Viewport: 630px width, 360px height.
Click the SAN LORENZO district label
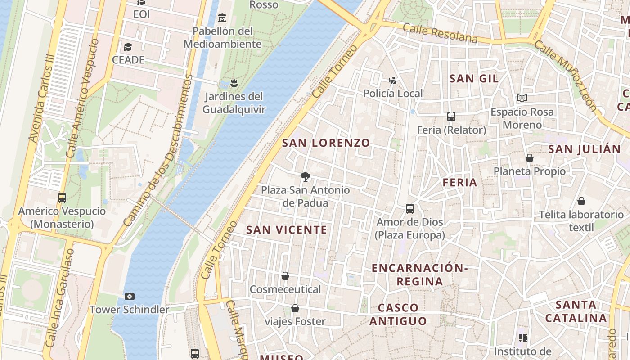pos(326,143)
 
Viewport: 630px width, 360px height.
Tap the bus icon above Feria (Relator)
pos(451,117)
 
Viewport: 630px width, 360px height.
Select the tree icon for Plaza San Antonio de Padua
pos(306,176)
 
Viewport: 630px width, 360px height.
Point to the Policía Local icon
pos(393,80)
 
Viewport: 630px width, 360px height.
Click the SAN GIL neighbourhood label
pos(474,79)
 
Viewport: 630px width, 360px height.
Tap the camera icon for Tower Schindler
pos(130,296)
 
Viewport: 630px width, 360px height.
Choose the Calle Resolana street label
pos(440,34)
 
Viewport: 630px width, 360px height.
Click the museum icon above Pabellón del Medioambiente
pos(222,18)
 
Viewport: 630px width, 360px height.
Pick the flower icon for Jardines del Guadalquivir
pos(234,83)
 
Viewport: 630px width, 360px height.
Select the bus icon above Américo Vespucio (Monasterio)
pos(62,198)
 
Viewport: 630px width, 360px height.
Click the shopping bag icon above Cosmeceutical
pos(285,275)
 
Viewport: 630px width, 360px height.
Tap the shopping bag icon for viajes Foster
pos(295,308)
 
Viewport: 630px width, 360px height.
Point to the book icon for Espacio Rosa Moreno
pos(522,98)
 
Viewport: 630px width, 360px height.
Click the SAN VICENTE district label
pos(287,230)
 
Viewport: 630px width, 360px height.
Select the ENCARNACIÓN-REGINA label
pos(419,274)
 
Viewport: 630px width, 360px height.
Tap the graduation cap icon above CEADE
pos(128,47)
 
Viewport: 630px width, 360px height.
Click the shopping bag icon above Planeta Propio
pos(530,158)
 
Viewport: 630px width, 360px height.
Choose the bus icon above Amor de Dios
pos(409,209)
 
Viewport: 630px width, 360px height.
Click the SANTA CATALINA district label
pos(576,311)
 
